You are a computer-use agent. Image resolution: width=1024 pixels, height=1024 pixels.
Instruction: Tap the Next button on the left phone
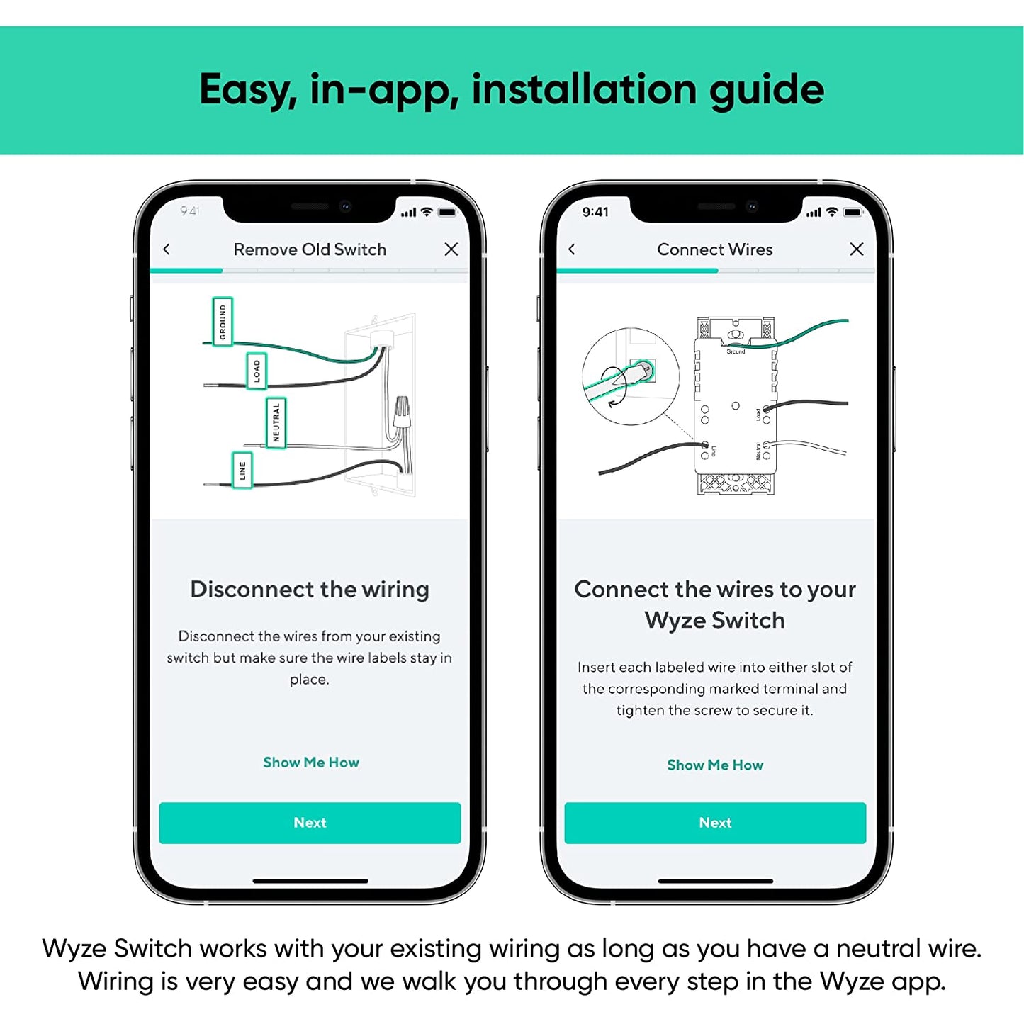[310, 823]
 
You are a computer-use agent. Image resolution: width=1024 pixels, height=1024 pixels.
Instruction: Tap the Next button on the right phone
[715, 823]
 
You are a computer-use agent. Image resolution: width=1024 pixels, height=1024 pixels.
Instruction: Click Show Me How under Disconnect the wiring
[311, 763]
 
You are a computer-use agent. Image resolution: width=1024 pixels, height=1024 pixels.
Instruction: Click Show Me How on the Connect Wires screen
[715, 765]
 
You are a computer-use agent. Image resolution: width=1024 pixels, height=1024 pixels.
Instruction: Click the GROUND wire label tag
[223, 322]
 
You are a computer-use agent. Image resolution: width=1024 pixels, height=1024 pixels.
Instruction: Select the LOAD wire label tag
[256, 371]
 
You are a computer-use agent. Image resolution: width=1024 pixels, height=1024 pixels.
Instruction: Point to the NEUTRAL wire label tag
[276, 423]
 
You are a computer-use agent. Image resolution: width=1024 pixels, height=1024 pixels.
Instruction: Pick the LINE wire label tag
[242, 470]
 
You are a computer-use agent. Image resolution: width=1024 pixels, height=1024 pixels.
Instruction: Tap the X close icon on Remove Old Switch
[451, 249]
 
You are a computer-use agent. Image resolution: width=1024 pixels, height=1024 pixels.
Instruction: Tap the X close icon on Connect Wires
[857, 249]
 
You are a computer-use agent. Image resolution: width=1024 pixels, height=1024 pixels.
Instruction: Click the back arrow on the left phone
[167, 249]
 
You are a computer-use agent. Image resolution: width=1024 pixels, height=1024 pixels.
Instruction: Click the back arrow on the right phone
[572, 249]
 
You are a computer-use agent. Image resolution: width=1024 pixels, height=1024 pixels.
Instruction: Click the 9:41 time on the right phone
[595, 212]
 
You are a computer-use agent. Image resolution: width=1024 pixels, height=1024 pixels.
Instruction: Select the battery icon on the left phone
[448, 212]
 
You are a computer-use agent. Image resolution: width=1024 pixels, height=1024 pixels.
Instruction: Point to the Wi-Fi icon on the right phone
[832, 212]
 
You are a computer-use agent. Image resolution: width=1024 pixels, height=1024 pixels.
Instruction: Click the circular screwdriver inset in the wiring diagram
[630, 376]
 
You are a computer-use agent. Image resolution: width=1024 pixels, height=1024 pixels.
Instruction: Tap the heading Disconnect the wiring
[310, 590]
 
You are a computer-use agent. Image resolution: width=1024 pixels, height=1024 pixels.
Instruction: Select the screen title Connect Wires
[714, 249]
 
